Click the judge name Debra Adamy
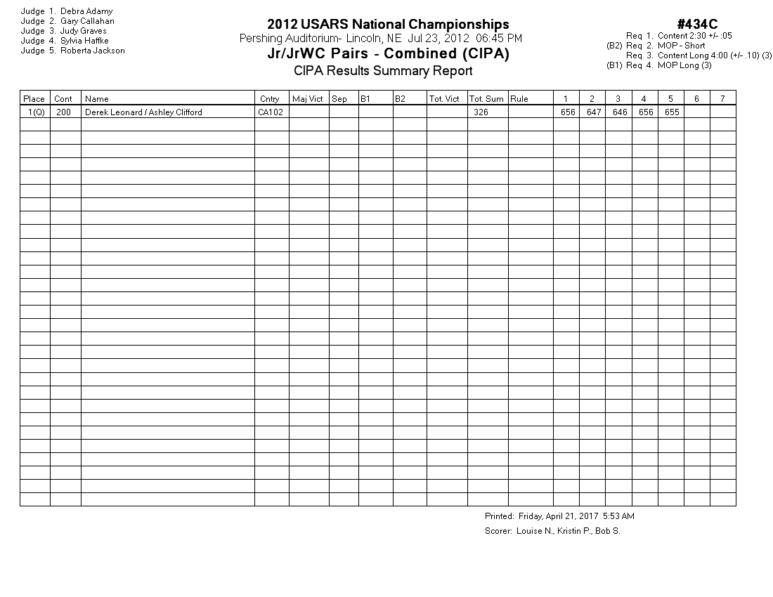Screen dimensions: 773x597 [86, 11]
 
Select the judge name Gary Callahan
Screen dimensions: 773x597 [87, 21]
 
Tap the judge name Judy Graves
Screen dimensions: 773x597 [84, 31]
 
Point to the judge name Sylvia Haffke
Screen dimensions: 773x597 [84, 41]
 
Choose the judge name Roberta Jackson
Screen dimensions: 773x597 [92, 51]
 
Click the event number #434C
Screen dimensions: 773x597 [697, 25]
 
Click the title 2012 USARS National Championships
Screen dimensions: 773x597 [388, 25]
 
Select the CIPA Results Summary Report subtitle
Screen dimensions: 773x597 [383, 70]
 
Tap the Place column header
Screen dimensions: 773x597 [34, 99]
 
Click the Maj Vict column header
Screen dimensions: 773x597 [308, 99]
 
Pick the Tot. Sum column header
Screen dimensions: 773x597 [486, 99]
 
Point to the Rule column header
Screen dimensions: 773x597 [519, 99]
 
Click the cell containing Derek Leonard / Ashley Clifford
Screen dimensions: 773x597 [143, 112]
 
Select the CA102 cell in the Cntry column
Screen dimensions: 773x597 [271, 112]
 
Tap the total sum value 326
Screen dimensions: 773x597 [481, 112]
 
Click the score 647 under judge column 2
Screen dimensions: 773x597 [594, 112]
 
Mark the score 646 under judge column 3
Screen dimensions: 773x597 [620, 112]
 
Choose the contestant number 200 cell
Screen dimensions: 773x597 [64, 112]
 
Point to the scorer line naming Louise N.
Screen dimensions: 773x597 [552, 531]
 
